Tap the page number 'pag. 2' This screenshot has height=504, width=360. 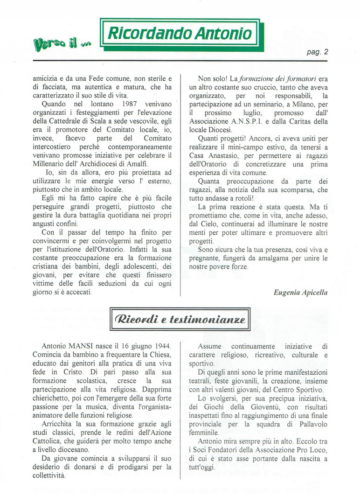(318, 52)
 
